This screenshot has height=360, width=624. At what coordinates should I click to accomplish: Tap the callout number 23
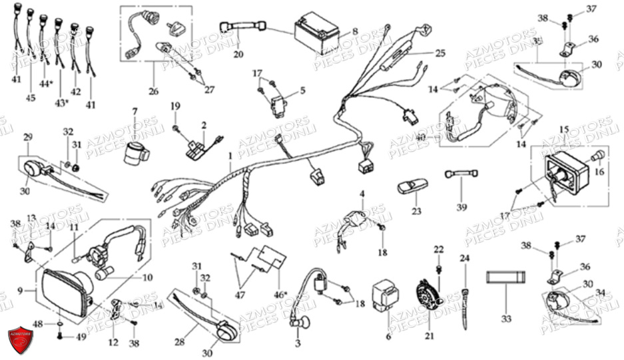(416, 211)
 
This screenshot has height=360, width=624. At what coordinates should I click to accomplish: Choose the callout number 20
(238, 54)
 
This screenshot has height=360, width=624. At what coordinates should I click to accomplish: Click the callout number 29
(27, 137)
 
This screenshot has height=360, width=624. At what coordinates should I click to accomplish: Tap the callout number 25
(440, 51)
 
